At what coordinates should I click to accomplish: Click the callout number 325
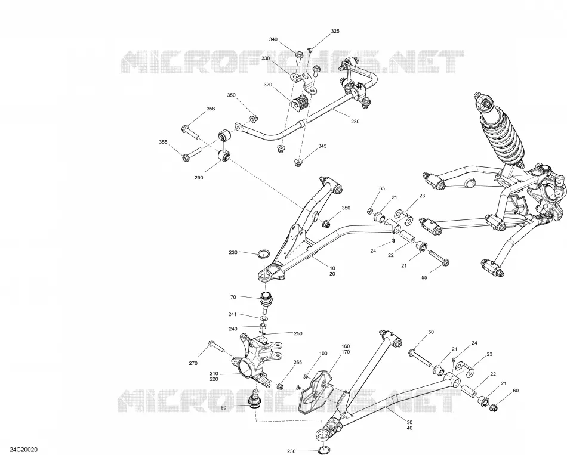[x=335, y=31]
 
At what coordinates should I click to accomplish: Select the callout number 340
[x=273, y=39]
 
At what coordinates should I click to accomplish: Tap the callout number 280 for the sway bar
[x=355, y=122]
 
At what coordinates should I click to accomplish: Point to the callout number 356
[x=211, y=109]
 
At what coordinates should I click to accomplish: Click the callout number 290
[x=199, y=178]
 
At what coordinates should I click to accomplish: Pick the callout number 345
[x=322, y=146]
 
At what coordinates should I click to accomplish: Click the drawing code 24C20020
[x=23, y=450]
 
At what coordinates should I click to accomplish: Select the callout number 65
[x=382, y=188]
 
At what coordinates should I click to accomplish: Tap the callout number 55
[x=424, y=277]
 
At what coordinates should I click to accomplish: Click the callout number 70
[x=233, y=297]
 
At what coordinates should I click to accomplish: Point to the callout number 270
[x=193, y=363]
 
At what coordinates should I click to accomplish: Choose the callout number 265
[x=298, y=362]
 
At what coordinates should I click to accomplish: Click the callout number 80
[x=223, y=408]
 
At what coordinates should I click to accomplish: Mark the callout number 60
[x=516, y=391]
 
